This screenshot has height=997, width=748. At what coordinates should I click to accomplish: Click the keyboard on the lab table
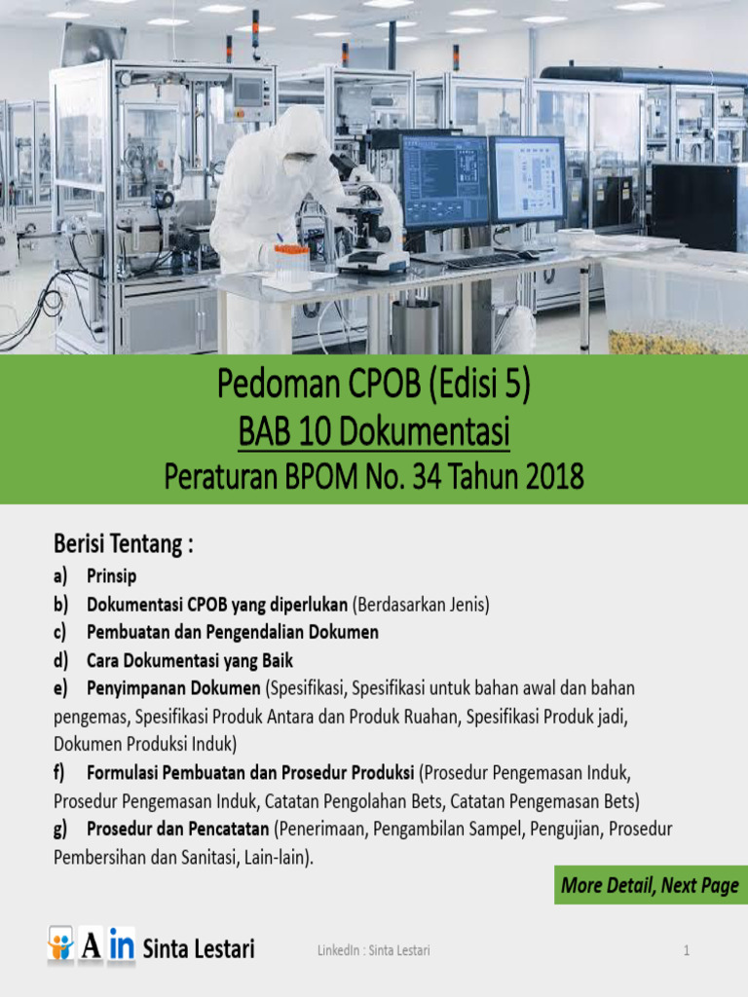pos(484,260)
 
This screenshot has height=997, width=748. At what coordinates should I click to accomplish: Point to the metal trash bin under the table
pos(416,326)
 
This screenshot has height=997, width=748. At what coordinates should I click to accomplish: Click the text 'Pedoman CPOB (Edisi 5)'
pos(374,388)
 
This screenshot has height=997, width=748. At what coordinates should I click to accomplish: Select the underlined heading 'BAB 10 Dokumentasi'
pos(374,432)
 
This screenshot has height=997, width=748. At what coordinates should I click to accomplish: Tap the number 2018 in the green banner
pos(545,477)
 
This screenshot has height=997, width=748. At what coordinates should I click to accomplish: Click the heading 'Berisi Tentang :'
pos(123,545)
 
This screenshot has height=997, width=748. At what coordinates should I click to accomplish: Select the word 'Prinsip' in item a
pos(111,576)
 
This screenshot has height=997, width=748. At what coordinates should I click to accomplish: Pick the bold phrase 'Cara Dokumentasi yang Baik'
pos(190,660)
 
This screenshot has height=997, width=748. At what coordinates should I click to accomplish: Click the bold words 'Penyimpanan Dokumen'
pos(173,688)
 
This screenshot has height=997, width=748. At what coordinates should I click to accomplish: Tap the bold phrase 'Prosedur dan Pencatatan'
pos(178,830)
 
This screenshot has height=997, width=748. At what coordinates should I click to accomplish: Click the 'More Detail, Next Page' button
pos(650,886)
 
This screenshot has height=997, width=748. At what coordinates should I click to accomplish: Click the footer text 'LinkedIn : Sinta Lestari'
pos(373,950)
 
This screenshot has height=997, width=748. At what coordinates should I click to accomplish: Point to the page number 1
pos(686,950)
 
